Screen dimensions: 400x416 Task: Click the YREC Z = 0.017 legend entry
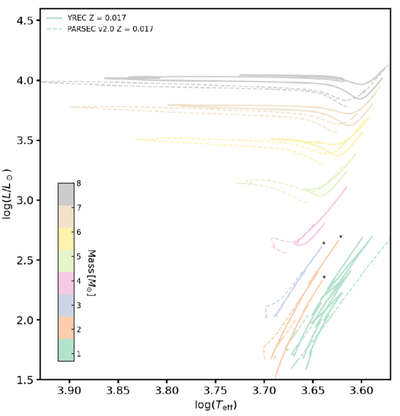point(87,17)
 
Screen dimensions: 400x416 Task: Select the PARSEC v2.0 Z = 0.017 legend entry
point(100,29)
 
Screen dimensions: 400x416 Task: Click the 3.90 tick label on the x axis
point(69,390)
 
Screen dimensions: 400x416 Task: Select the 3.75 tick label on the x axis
point(215,390)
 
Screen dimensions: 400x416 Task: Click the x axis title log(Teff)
point(215,404)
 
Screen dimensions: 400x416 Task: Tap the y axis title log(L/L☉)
point(7,193)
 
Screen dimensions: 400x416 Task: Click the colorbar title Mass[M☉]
point(92,272)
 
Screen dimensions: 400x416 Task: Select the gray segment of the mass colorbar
point(66,194)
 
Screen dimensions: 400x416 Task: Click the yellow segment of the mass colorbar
point(66,239)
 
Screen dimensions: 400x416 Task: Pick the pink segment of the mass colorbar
point(66,283)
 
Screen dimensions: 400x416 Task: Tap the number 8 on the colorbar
point(79,183)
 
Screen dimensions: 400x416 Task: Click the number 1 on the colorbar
point(79,354)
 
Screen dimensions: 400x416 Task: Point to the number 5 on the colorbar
point(79,257)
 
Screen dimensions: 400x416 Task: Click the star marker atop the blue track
point(323,243)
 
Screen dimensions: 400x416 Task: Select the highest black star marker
point(341,237)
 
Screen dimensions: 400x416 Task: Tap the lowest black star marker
point(324,277)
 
